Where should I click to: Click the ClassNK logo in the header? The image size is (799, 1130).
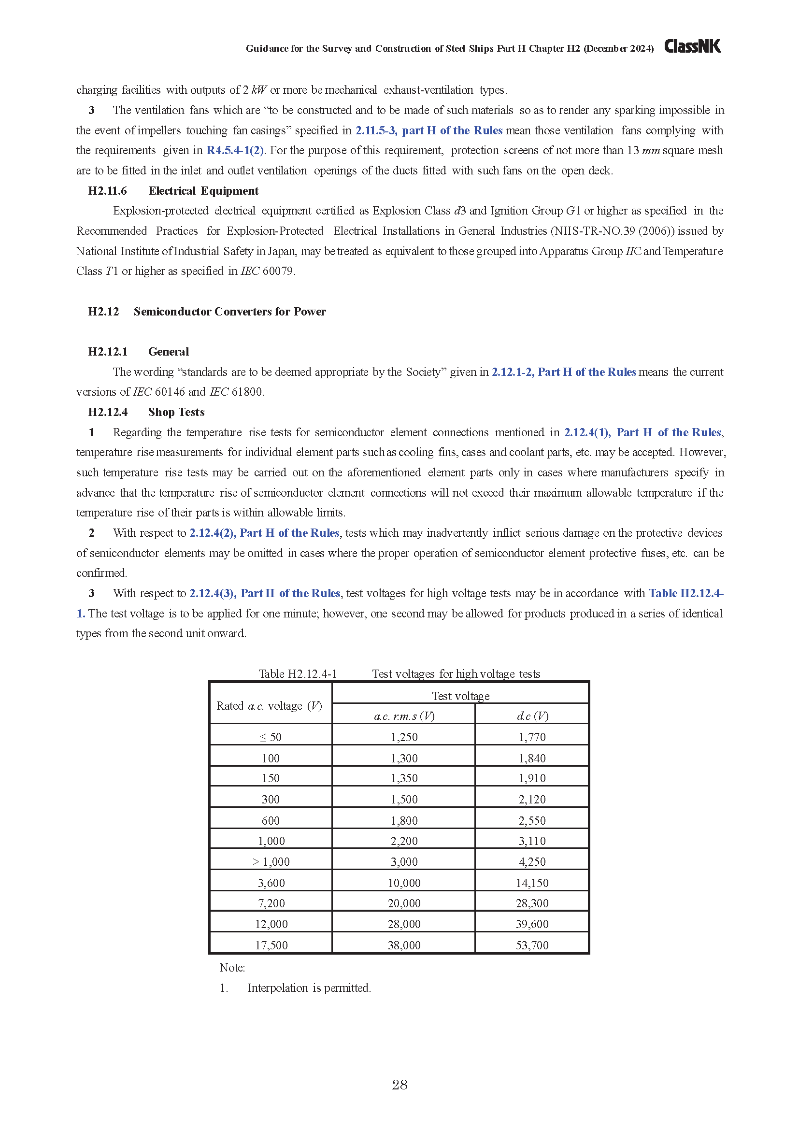[x=692, y=46]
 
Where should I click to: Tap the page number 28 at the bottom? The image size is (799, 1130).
[x=399, y=1084]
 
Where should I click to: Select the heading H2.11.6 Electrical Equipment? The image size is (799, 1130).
[x=173, y=191]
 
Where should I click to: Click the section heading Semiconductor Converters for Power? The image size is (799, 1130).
[x=229, y=312]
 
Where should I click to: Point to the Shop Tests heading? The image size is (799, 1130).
[x=176, y=412]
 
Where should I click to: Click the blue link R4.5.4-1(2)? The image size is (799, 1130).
[x=235, y=151]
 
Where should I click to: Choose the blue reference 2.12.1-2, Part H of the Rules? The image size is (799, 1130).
[x=564, y=372]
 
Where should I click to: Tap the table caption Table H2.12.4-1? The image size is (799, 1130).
[x=298, y=674]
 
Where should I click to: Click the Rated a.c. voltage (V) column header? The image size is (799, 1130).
[x=269, y=706]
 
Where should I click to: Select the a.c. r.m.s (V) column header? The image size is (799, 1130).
[x=404, y=716]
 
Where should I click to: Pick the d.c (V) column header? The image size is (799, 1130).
[x=532, y=716]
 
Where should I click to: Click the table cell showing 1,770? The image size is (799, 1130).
[x=532, y=737]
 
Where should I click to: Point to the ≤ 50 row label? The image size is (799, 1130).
[x=271, y=737]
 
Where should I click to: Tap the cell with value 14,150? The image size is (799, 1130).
[x=532, y=883]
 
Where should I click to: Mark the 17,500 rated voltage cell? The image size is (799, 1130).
[x=271, y=945]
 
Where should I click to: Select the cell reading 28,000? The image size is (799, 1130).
[x=404, y=924]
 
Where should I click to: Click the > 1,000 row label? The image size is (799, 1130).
[x=271, y=862]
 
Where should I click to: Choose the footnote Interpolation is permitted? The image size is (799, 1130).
[x=309, y=988]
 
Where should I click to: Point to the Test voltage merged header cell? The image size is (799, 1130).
[x=460, y=695]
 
